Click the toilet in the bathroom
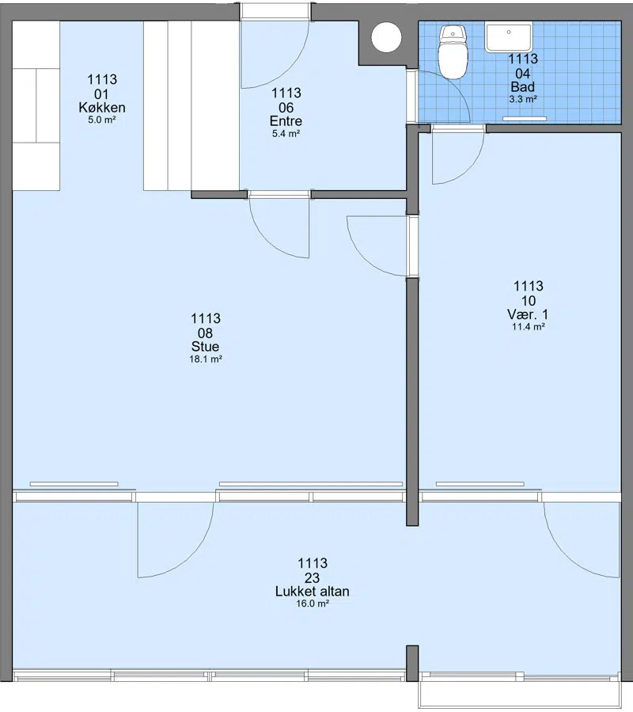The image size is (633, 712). coord(453,51)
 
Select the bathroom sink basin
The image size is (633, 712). coord(508,38)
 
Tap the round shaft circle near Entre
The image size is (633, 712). coord(386,37)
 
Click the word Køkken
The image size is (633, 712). coord(102,108)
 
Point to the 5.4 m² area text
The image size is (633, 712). coord(286,134)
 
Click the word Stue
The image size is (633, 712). coord(205,346)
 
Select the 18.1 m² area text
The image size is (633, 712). coord(206,360)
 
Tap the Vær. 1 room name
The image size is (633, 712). coord(528,314)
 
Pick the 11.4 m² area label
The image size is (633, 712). coord(529,326)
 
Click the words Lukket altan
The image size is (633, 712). coord(313,591)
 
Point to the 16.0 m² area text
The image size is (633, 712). coord(313,603)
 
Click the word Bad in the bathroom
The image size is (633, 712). coord(523,87)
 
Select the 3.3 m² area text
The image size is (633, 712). coord(523,99)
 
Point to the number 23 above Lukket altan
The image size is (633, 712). coord(313,577)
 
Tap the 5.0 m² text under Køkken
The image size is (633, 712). coord(101,120)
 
